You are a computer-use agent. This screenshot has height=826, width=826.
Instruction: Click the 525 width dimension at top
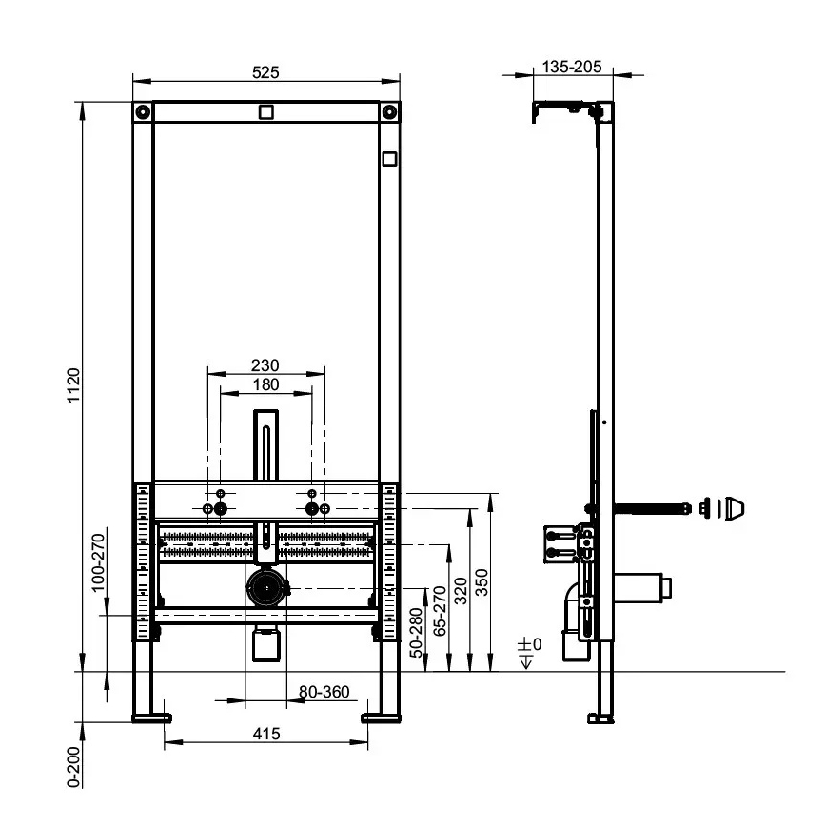pos(265,71)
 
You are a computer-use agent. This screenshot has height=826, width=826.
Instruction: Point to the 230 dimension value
pos(265,364)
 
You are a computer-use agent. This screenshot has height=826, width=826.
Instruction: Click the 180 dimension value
pos(265,383)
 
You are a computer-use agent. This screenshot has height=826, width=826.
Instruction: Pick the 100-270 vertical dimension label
pos(98,560)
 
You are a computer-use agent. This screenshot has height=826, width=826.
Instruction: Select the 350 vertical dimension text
pos(482,580)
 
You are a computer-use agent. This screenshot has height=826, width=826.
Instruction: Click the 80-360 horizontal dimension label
pos(324,693)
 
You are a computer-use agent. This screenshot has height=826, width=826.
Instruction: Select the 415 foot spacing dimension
pos(265,733)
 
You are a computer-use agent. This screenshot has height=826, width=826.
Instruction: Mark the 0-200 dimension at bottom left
pos(73,764)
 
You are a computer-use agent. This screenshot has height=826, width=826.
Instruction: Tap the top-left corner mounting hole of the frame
pos(142,111)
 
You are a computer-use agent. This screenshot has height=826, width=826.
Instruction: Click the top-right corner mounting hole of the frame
pos(390,111)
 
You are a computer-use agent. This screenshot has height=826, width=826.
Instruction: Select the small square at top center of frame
pos(265,111)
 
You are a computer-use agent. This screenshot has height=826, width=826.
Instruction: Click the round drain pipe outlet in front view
pos(265,588)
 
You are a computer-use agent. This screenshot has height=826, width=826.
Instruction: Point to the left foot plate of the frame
pos(150,714)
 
